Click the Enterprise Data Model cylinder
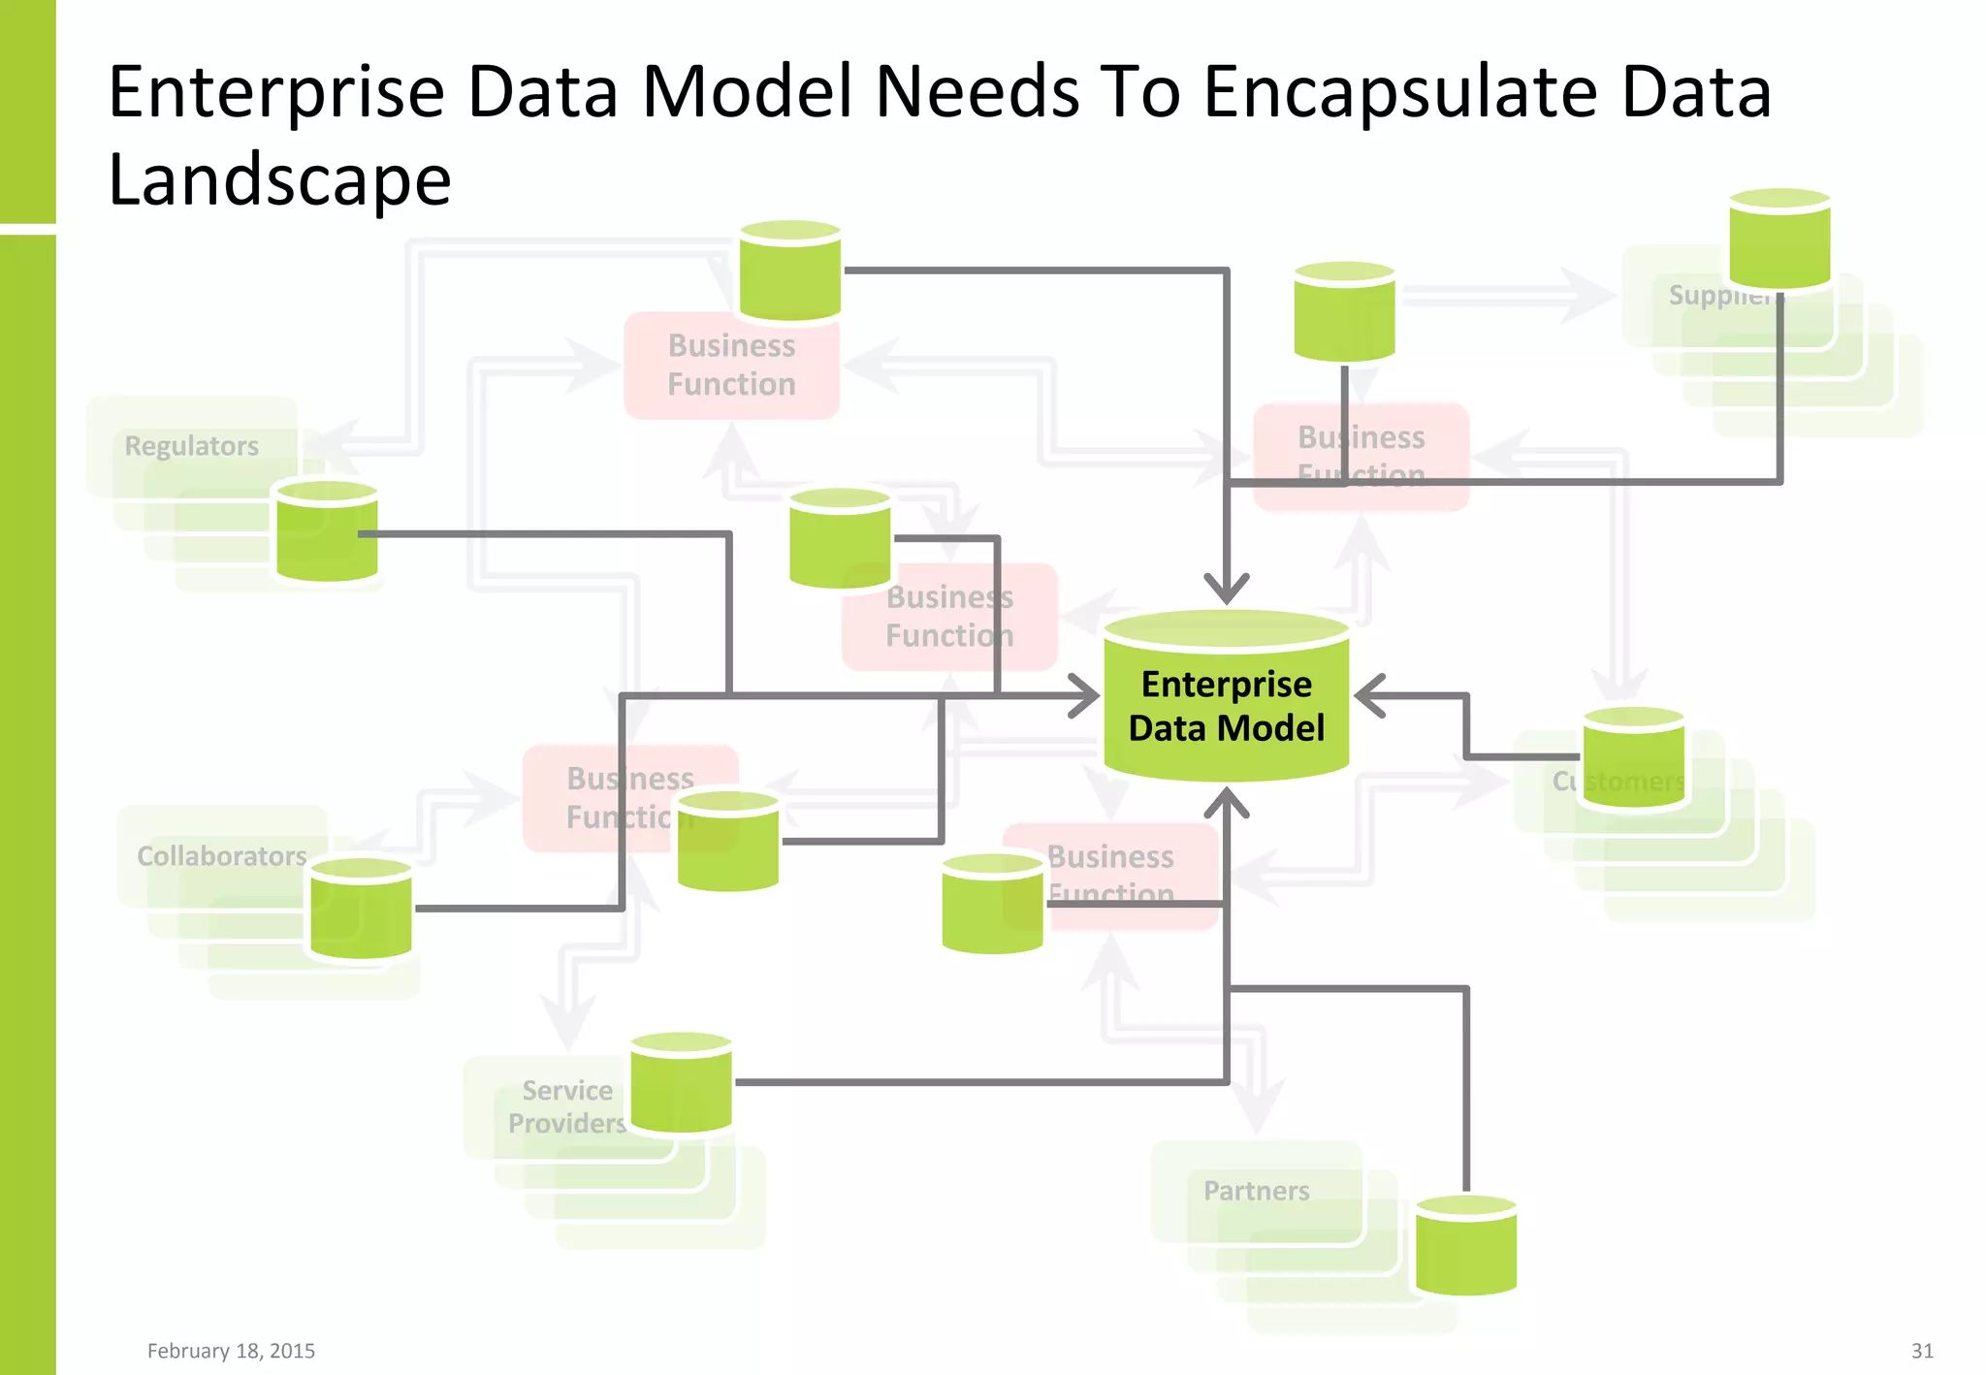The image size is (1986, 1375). (1227, 698)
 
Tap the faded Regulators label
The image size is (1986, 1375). (192, 446)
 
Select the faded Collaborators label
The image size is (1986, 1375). (222, 856)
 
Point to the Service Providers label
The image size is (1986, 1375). (567, 1106)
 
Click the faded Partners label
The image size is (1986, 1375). (1257, 1191)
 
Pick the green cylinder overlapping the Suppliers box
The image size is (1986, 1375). (1779, 240)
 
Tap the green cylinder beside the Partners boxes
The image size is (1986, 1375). (1466, 1246)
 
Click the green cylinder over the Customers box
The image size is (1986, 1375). (1634, 757)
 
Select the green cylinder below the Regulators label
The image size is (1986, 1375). (327, 531)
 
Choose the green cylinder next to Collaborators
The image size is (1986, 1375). (361, 909)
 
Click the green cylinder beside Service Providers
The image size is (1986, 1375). (681, 1082)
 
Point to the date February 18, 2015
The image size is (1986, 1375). (231, 1351)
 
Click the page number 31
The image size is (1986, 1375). (1922, 1351)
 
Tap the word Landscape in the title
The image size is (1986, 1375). (280, 180)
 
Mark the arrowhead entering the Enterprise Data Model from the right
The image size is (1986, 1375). (1368, 696)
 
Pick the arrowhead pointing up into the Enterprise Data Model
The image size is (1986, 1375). (1227, 802)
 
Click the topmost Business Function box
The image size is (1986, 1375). (731, 366)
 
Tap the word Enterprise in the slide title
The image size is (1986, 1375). (276, 92)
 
